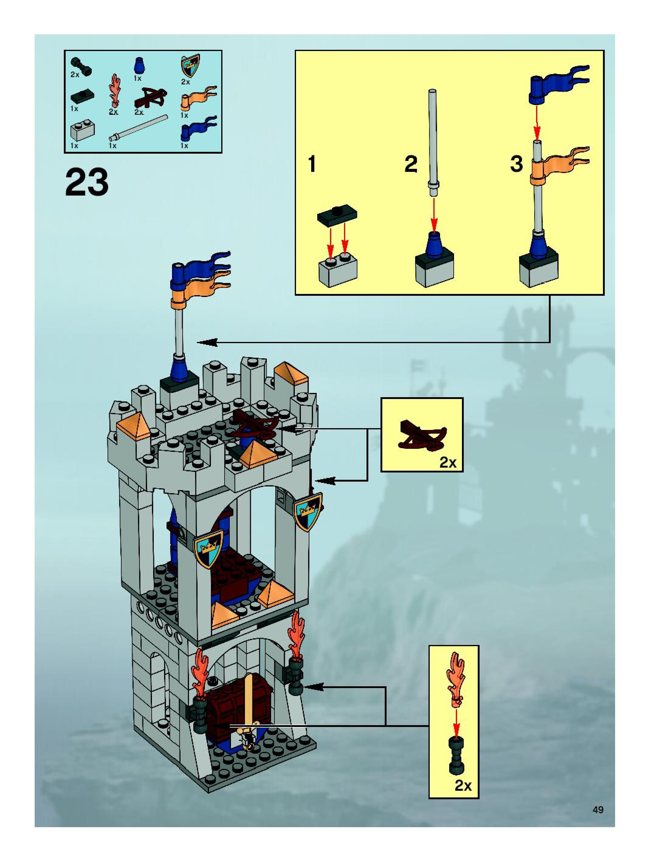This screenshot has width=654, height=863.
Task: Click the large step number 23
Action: [x=87, y=182]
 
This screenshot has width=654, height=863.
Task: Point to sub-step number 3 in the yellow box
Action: [x=516, y=164]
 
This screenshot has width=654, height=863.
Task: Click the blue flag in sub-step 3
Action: [x=556, y=84]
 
